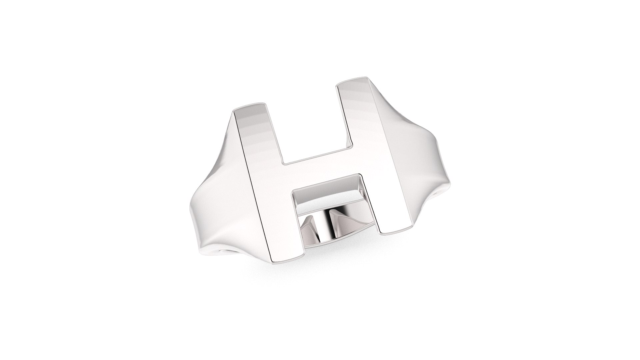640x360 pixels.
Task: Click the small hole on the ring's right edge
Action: [438, 193]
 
